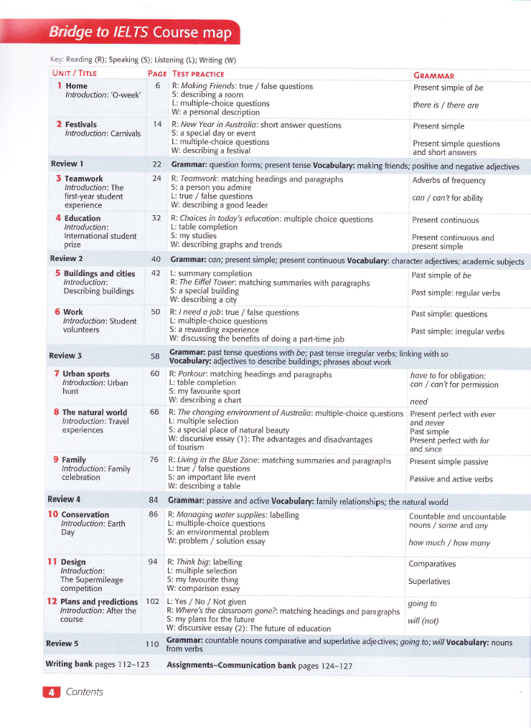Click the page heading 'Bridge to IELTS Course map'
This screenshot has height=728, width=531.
tap(140, 33)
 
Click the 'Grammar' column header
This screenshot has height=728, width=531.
tap(434, 75)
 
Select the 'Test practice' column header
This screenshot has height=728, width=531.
tap(198, 74)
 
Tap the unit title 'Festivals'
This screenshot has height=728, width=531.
tap(83, 125)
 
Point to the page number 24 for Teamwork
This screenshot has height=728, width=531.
tap(156, 179)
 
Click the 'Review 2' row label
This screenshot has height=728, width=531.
tap(66, 258)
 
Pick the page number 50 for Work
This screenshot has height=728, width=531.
tap(156, 312)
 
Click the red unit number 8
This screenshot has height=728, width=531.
tap(56, 412)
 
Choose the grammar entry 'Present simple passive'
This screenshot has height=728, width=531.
tap(448, 462)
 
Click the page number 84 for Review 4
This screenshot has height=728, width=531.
tap(154, 499)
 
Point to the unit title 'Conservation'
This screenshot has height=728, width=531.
tap(85, 514)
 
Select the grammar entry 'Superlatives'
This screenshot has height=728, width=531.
tap(430, 582)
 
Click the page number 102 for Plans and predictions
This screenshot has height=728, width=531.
tap(152, 601)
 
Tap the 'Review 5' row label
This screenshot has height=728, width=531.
tap(62, 643)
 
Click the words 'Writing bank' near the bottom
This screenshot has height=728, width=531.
tap(69, 665)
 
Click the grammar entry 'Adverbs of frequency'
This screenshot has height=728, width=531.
tap(448, 180)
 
